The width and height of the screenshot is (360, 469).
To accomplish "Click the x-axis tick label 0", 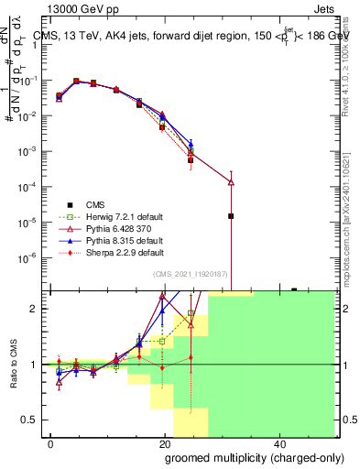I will (50, 443).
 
